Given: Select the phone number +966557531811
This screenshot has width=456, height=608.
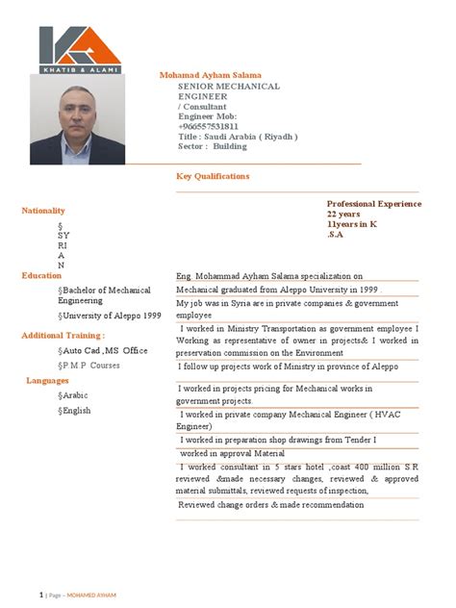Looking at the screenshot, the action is pos(209,126).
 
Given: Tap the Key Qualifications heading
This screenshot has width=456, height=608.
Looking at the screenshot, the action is pos(213,176).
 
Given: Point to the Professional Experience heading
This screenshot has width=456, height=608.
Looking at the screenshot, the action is pos(374,204).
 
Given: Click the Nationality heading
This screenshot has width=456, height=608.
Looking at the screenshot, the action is pos(43,210).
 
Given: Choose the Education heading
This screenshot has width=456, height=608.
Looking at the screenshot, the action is pos(41,275).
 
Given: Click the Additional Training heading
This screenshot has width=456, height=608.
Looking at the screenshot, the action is pos(63,335).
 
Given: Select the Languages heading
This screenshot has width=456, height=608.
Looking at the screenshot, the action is pos(47,380).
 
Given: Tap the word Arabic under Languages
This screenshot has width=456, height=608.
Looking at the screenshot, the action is pos(75,394).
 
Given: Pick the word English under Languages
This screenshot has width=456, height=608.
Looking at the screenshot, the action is pos(76,410).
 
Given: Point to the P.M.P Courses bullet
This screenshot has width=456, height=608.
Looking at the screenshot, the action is pos(92,366).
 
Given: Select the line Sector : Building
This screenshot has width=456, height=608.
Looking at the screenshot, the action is pos(213,147).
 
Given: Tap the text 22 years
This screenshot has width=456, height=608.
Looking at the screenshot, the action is pos(343,214).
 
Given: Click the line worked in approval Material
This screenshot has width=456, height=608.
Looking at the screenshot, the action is pos(232,452).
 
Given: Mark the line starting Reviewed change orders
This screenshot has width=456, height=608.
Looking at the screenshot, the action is pos(271,504).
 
